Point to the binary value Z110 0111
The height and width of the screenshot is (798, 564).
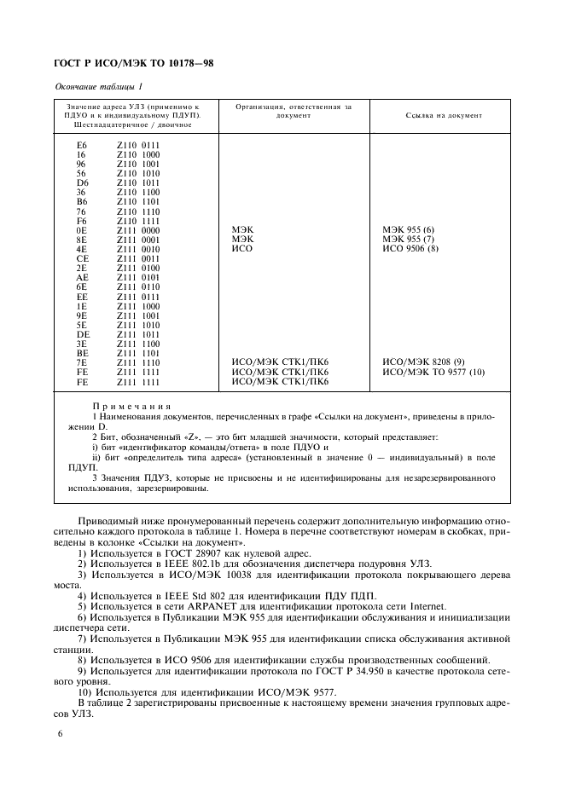pyautogui.click(x=138, y=145)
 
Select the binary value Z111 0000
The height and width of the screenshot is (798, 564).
pyautogui.click(x=138, y=230)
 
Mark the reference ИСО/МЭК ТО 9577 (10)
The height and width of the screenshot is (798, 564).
pyautogui.click(x=433, y=372)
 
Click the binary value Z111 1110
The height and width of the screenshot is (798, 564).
pyautogui.click(x=138, y=362)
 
